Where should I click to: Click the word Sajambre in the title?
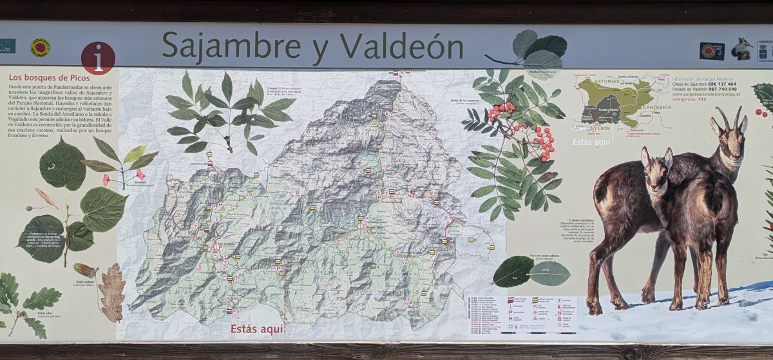coord(230,46)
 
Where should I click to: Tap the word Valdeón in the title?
coord(401,46)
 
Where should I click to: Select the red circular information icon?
coord(98,59)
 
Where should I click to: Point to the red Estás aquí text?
coord(257,329)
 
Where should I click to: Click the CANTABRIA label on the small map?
coord(656,107)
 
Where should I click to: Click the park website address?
coord(705,95)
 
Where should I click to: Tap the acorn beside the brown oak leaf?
coord(84,270)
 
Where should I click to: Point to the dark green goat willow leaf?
coord(513,271)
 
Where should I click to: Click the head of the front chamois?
coord(656,169)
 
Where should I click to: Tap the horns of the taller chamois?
coord(730,117)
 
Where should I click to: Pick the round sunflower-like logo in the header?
coord(40,47)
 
